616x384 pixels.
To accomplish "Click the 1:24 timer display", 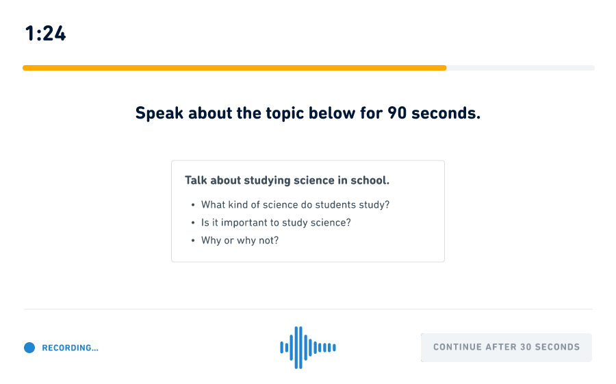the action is tap(46, 34).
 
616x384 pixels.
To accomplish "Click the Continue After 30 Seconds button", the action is tap(506, 348).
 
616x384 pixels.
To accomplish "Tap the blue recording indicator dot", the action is tap(29, 348).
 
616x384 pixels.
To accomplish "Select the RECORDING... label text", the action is tap(70, 348).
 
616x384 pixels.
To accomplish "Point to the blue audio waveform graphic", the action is tap(308, 348).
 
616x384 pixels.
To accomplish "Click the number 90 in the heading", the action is tap(397, 113).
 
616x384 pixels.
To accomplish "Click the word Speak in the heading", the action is tap(159, 113).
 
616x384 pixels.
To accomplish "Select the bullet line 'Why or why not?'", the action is tap(240, 241).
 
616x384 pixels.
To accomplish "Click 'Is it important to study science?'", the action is tap(276, 223).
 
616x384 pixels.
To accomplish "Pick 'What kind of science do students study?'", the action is tap(295, 204).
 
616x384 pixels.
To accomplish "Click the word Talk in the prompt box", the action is tap(196, 180).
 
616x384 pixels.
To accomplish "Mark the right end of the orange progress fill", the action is tap(446, 68).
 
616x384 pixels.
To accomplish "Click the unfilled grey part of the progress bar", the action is tap(521, 68).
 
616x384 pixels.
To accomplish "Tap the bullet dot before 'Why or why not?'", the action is tap(193, 241).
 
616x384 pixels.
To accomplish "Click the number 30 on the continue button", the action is tap(526, 347).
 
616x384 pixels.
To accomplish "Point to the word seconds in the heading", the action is tap(446, 113).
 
